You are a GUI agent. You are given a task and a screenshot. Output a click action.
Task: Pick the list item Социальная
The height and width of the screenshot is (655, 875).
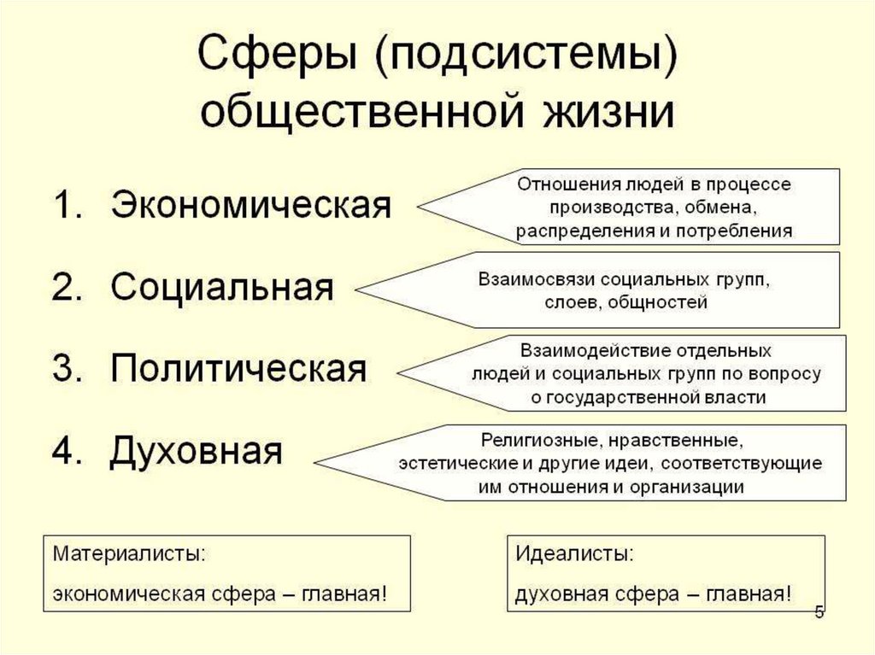[x=221, y=287]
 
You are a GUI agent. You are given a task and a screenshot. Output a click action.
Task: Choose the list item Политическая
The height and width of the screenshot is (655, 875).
[x=238, y=369]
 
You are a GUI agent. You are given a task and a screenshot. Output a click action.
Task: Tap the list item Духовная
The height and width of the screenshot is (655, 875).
[x=196, y=450]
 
